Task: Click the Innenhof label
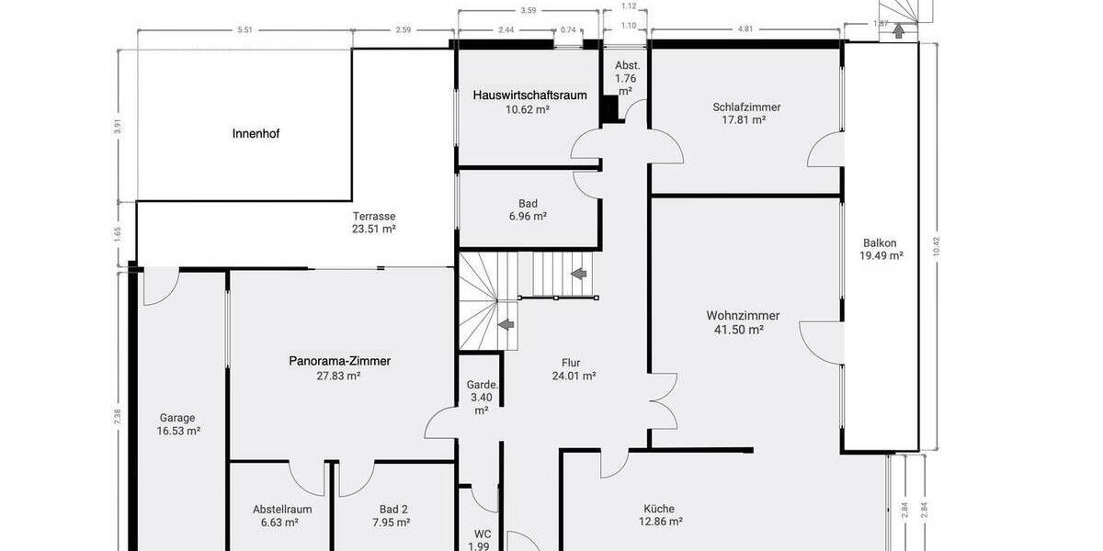point(256,134)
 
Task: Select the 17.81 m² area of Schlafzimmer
point(745,119)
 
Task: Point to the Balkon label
point(881,243)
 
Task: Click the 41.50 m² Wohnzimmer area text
point(739,330)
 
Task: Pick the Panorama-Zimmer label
point(339,361)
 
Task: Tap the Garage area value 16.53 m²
point(179,430)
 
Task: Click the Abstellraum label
point(282,510)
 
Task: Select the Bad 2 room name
point(392,510)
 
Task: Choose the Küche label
point(659,509)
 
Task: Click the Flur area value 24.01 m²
point(574,376)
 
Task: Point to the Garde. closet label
point(482,385)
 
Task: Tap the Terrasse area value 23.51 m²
point(374,230)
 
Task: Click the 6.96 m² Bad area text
point(528,217)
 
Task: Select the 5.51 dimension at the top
point(244,30)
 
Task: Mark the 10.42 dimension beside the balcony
point(936,245)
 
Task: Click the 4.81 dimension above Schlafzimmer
point(745,29)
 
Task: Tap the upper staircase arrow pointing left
point(579,274)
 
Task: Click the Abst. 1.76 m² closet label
point(627,78)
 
